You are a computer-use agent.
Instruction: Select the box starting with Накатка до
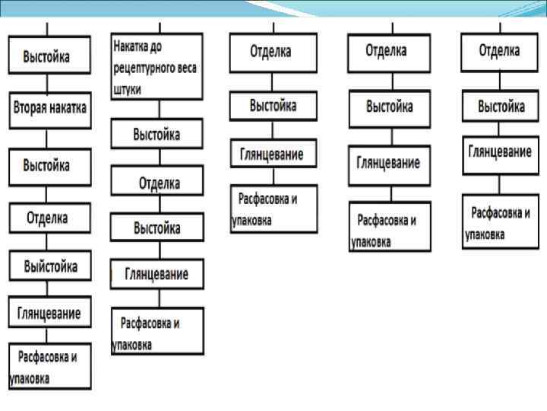coord(157,66)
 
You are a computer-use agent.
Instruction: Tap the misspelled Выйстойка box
coord(50,266)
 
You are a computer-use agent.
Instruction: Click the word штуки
coord(131,88)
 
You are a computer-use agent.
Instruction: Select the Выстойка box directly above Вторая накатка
coord(50,56)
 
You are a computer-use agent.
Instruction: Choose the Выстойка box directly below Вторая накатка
coord(50,166)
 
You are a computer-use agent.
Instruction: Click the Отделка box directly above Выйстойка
coord(50,218)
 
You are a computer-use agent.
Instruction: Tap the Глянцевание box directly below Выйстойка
coord(50,312)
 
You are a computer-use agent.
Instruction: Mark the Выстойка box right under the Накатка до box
coord(157,134)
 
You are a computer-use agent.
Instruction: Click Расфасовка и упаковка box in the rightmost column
coord(500,221)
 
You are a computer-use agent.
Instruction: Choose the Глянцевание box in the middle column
coord(273,154)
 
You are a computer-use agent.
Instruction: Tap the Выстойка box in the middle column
coord(273,106)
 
